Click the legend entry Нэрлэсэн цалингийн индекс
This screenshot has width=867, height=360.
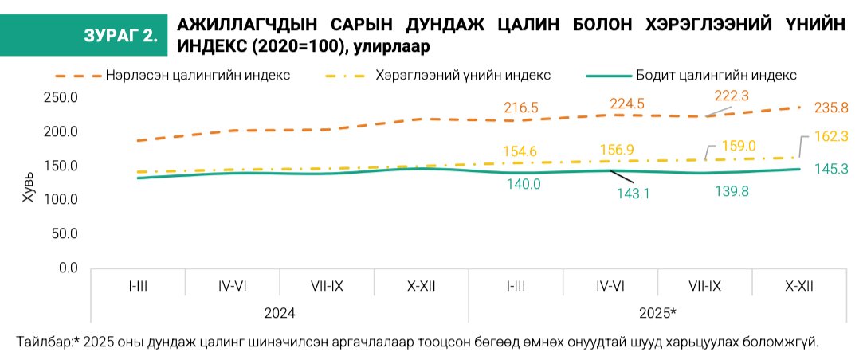(196, 76)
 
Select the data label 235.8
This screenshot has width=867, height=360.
(832, 108)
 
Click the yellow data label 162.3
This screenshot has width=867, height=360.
(832, 136)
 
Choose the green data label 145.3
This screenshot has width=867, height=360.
(832, 169)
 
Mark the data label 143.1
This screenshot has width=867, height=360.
(634, 194)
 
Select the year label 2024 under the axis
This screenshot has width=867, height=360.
(279, 313)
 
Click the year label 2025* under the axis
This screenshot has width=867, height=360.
(657, 313)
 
